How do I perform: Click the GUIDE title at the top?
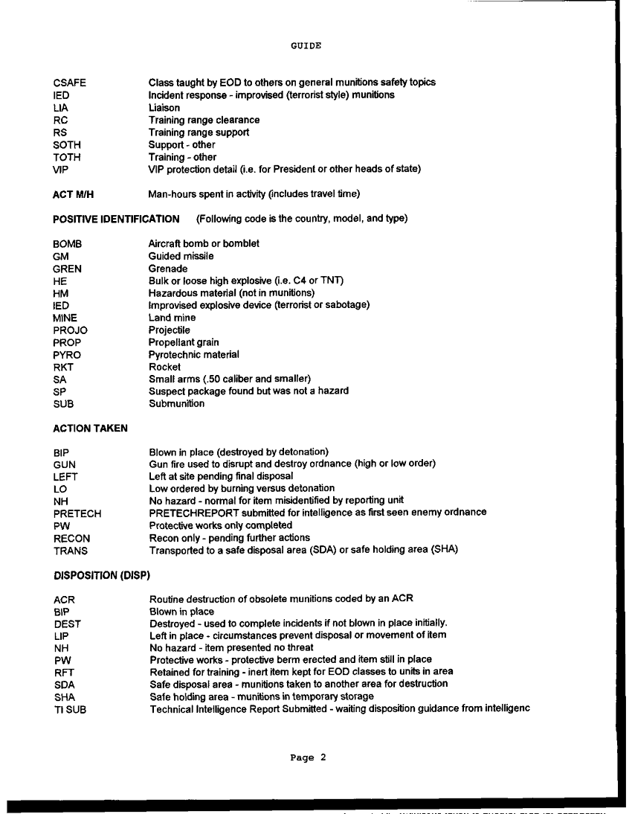(306, 45)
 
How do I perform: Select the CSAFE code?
(70, 83)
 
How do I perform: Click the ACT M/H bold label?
(74, 195)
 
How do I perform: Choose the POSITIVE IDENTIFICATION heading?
(116, 219)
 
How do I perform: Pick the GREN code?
(68, 269)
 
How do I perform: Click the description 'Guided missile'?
(181, 256)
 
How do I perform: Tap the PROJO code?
(71, 330)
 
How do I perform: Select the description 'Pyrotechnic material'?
(194, 355)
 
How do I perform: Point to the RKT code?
(64, 368)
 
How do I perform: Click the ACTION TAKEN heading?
(90, 429)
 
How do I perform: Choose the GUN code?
(65, 464)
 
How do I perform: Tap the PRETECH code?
(77, 513)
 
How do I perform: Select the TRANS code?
(71, 551)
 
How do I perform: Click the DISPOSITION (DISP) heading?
(102, 575)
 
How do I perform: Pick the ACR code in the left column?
(65, 600)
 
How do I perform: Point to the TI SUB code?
(70, 709)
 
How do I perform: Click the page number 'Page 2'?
(308, 758)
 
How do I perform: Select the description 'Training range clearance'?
(204, 120)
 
